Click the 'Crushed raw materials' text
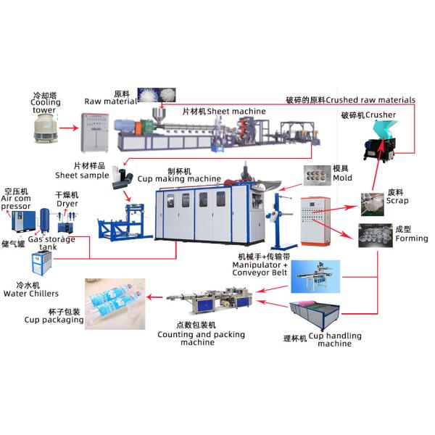(370, 99)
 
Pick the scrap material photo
(376, 204)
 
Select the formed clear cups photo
(375, 236)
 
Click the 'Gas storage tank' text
(51, 243)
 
